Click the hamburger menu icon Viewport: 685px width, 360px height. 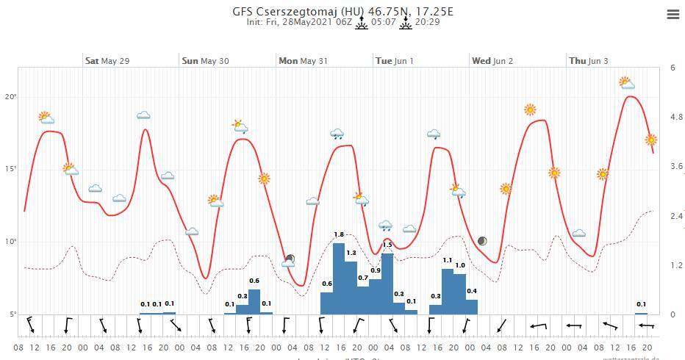click(673, 15)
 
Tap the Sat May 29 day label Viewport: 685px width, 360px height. click(107, 61)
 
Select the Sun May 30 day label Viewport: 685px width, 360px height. click(204, 61)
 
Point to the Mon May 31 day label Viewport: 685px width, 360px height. click(303, 61)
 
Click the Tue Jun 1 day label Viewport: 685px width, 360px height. click(394, 61)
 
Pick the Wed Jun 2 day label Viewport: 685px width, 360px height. click(492, 61)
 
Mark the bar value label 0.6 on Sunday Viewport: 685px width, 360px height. click(254, 281)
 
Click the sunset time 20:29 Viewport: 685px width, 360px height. click(427, 23)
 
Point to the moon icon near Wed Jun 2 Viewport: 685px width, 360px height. click(482, 241)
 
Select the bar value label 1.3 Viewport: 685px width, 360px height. click(351, 253)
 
